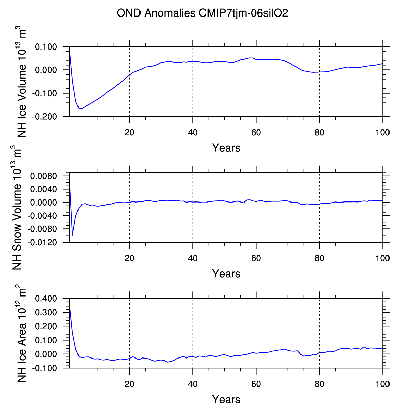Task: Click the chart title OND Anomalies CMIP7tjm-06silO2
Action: (x=202, y=13)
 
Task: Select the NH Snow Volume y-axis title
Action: (x=17, y=207)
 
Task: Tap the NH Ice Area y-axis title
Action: (x=21, y=333)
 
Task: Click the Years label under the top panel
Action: (x=226, y=148)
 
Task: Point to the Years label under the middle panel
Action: (x=226, y=273)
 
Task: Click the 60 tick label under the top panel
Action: (x=256, y=132)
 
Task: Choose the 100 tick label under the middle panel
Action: (x=383, y=258)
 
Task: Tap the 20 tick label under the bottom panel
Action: (x=129, y=384)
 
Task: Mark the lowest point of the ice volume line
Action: (x=80, y=108)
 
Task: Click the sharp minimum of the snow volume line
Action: (x=72, y=235)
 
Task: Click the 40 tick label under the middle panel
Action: (x=193, y=258)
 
